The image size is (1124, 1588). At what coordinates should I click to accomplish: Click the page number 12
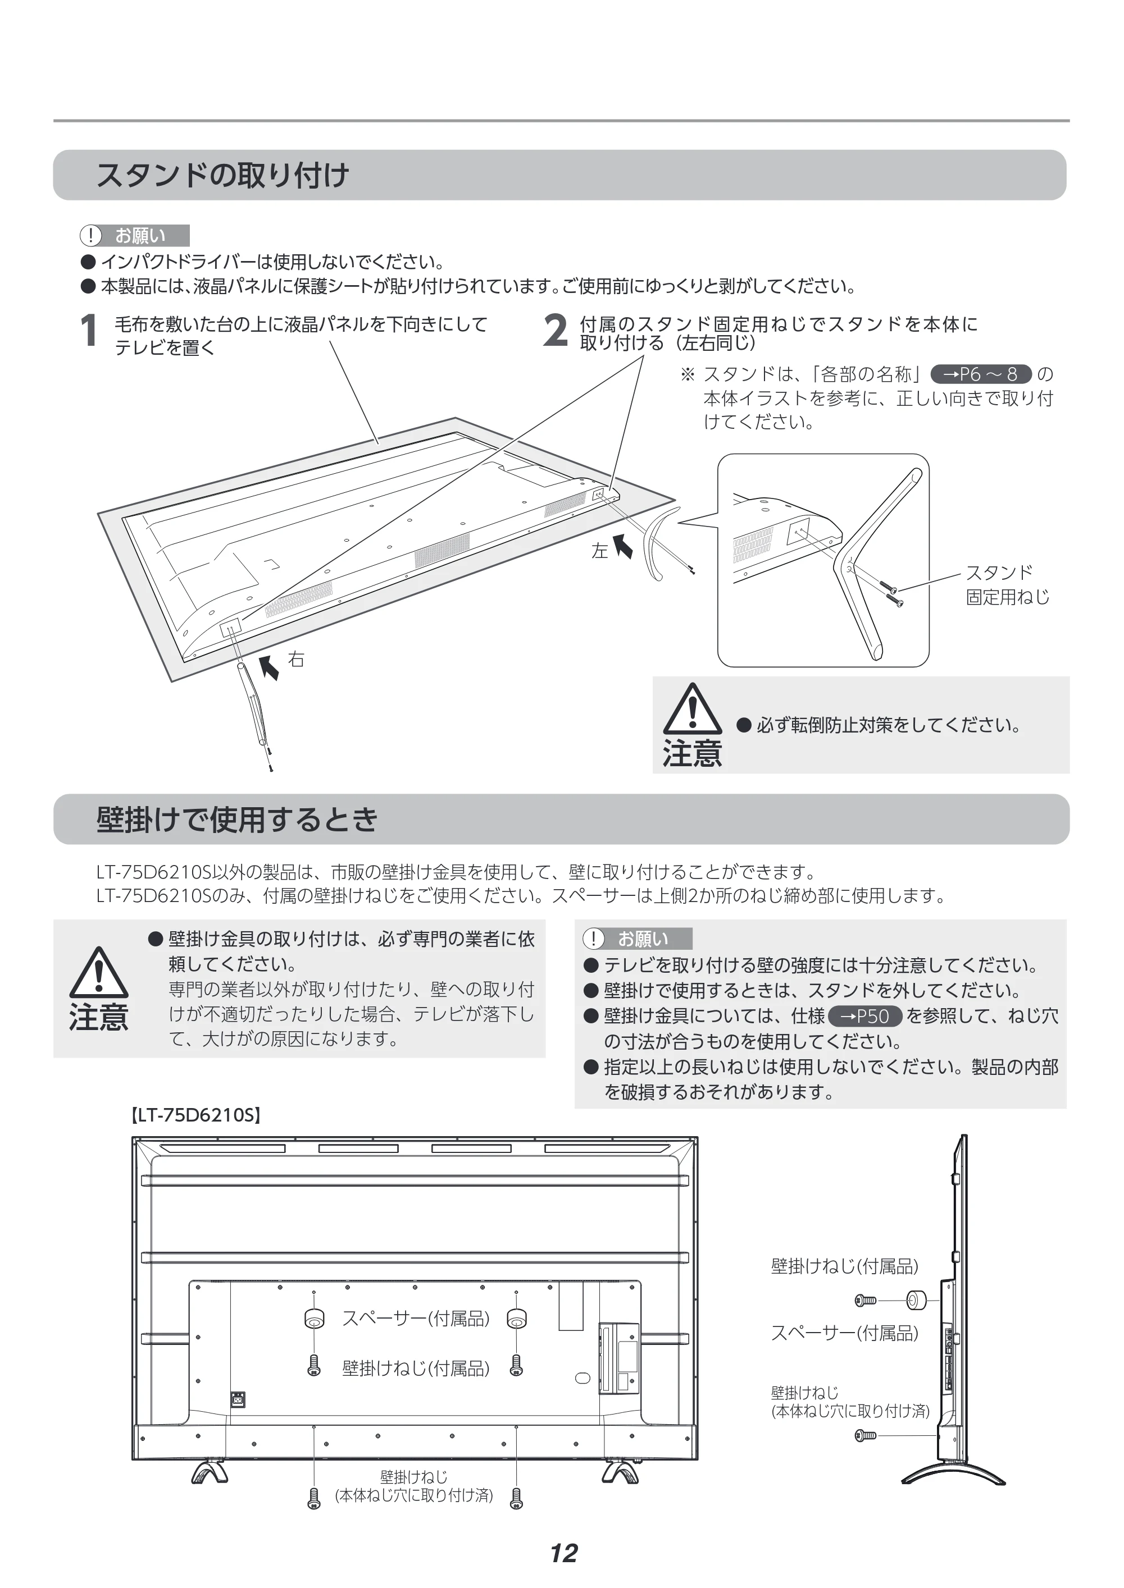click(564, 1553)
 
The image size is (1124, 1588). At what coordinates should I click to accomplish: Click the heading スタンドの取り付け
click(223, 175)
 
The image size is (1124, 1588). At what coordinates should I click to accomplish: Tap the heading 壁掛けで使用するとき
click(238, 820)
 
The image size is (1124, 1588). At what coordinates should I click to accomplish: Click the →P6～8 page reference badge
click(981, 374)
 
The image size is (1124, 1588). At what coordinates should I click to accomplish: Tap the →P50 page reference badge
click(865, 1016)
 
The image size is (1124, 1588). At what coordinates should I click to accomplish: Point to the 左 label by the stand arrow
click(599, 551)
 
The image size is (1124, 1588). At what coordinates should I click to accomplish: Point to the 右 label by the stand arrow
click(296, 659)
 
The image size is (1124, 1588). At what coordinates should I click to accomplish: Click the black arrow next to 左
click(623, 545)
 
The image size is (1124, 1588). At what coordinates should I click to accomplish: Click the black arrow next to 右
click(269, 667)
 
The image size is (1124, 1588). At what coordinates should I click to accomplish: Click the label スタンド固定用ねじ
click(1008, 584)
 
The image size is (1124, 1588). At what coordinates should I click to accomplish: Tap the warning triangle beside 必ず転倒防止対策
click(692, 709)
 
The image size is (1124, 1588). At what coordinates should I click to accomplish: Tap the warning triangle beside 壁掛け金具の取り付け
click(99, 972)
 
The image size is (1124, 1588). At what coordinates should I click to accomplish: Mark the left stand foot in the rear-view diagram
click(210, 1472)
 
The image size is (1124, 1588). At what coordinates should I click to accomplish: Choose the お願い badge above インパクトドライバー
click(134, 236)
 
